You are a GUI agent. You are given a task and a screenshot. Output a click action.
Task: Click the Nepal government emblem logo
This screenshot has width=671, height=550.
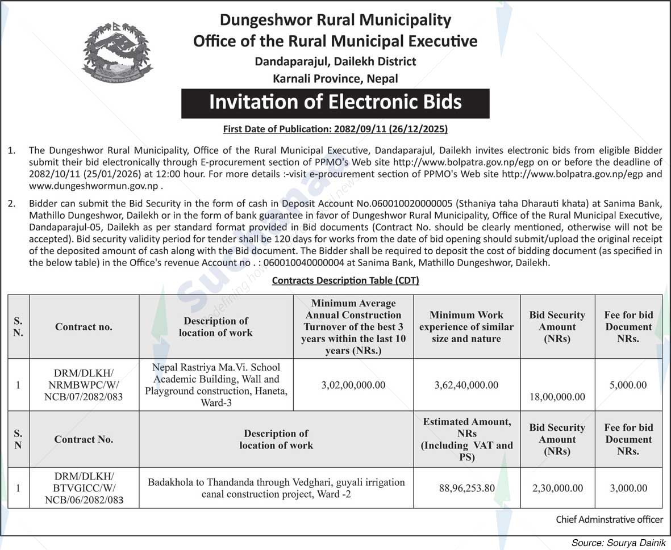117,54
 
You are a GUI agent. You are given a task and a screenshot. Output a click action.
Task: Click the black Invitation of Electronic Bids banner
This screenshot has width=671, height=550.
335,103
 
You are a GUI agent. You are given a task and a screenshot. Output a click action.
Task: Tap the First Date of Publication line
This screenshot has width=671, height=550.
335,129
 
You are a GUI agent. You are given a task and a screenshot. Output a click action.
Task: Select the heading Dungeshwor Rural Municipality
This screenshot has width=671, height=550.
335,20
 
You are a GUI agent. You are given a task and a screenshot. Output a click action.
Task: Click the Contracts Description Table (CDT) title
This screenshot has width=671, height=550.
345,280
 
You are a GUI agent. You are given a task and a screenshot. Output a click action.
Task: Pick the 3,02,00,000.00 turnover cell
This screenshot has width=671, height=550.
353,385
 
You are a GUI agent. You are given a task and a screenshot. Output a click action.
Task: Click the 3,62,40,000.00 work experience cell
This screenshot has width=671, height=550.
466,385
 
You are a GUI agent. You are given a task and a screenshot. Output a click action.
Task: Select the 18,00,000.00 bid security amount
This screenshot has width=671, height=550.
557,397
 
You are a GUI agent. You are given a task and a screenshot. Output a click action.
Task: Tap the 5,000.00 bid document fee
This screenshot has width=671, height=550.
628,385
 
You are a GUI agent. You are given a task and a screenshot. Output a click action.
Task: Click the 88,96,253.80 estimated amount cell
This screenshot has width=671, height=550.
466,488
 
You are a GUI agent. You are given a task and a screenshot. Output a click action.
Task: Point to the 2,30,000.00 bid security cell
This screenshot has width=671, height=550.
557,488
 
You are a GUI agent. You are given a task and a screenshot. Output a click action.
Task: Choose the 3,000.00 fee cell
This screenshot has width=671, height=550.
628,488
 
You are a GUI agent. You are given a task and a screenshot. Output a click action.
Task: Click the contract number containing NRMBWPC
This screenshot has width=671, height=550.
84,385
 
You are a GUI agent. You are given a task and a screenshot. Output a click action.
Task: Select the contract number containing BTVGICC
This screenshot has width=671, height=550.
84,488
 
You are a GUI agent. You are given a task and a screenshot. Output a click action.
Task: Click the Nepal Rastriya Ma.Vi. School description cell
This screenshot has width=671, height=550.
216,385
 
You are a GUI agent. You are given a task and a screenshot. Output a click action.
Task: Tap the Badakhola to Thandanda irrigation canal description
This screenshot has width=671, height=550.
276,488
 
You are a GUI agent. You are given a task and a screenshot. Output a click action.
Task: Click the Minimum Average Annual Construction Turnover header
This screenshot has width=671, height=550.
353,326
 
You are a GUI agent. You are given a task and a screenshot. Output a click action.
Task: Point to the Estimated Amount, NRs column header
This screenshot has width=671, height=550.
466,439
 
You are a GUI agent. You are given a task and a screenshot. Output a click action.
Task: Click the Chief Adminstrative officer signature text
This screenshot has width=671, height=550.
609,519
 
